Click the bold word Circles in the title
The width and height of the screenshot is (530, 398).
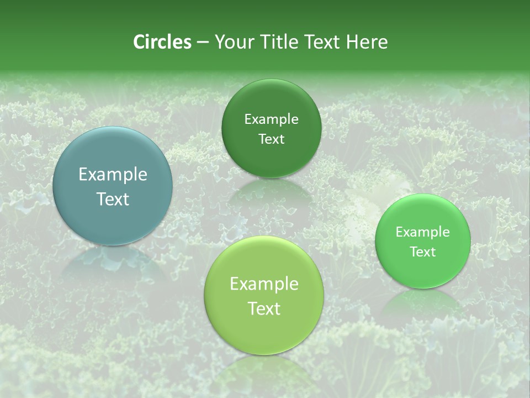[x=162, y=42]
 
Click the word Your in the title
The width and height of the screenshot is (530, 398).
[x=234, y=42]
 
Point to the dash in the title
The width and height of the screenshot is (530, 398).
[x=203, y=43]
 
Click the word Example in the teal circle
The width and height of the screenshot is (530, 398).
[x=113, y=175]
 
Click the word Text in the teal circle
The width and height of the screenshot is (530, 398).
[x=113, y=199]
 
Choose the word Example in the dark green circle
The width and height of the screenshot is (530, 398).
[x=271, y=119]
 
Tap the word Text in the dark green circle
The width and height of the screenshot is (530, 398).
[x=271, y=139]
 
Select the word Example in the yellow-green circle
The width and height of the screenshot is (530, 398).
[x=264, y=284]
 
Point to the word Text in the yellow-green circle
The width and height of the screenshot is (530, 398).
[x=264, y=308]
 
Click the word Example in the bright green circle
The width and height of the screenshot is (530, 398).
[x=423, y=232]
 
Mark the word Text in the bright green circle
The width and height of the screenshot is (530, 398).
[x=423, y=252]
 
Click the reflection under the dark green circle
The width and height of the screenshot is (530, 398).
[x=271, y=191]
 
